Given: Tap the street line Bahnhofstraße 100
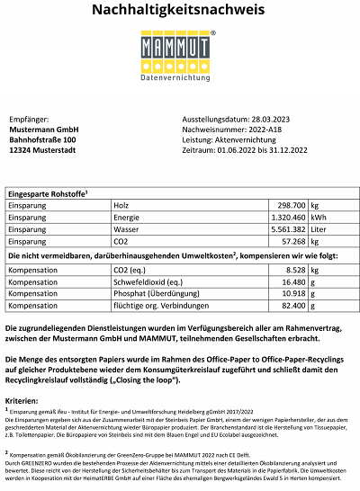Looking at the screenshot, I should [x=42, y=140].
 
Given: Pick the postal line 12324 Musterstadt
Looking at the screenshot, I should [x=41, y=150].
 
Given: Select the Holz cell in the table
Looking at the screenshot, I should [x=122, y=206].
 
